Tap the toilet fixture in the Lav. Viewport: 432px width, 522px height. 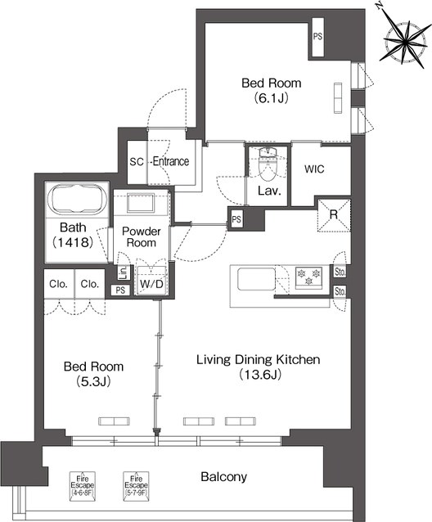point(268,164)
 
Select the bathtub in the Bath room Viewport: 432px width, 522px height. point(77,199)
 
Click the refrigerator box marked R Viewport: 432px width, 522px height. point(334,215)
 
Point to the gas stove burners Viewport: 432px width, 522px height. point(308,277)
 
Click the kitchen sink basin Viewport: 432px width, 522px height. point(256,279)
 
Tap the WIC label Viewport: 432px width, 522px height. point(314,169)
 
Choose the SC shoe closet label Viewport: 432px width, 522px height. point(137,162)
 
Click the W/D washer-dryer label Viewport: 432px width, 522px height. point(151,284)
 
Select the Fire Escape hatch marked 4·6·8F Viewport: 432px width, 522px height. point(83,486)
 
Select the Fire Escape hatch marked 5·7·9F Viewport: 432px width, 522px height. point(136,486)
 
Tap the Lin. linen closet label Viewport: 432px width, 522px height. point(124,272)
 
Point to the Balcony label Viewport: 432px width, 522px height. point(223,477)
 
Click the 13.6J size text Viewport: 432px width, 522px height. point(260,375)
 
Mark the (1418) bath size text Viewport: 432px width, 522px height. point(73,242)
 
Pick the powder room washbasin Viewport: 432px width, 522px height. point(141,202)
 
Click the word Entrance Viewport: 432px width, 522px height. point(171,161)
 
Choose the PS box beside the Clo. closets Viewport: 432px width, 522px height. point(120,290)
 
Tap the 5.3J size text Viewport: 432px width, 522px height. point(93,381)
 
